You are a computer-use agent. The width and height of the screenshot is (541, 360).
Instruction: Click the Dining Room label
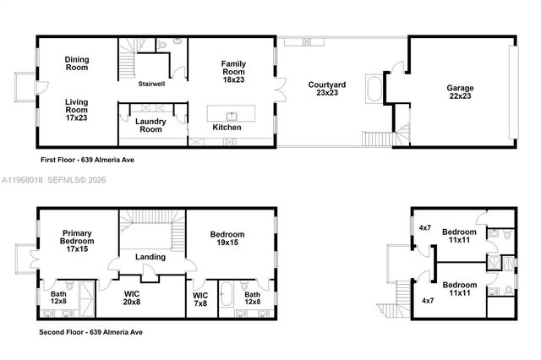coord(77,63)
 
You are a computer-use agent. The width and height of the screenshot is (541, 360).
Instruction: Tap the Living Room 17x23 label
coord(77,110)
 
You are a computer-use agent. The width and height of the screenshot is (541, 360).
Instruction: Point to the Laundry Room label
coord(150,125)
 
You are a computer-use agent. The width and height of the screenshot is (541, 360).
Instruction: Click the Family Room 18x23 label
coord(233,68)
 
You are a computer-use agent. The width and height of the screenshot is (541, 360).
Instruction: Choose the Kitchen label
coord(226,128)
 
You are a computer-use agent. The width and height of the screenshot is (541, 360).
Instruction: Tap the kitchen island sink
coord(230,114)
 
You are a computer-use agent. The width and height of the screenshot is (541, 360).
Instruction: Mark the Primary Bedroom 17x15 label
coord(77,241)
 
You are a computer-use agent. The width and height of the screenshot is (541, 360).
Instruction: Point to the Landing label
coord(151,258)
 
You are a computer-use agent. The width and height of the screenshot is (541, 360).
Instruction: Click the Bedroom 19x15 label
coord(230,241)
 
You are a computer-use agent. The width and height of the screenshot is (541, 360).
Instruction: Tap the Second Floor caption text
coord(91,332)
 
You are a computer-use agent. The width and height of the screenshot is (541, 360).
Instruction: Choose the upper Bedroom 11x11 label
coord(462,236)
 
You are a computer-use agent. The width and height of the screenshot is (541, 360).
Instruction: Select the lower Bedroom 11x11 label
coord(462,289)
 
